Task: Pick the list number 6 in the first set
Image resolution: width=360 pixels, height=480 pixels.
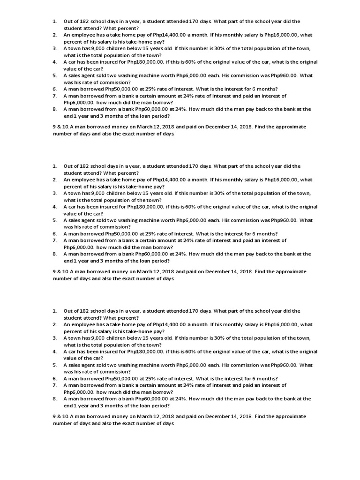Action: click(x=54, y=89)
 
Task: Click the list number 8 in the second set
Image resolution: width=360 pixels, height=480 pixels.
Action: click(x=54, y=254)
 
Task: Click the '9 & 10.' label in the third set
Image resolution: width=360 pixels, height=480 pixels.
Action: click(x=61, y=416)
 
